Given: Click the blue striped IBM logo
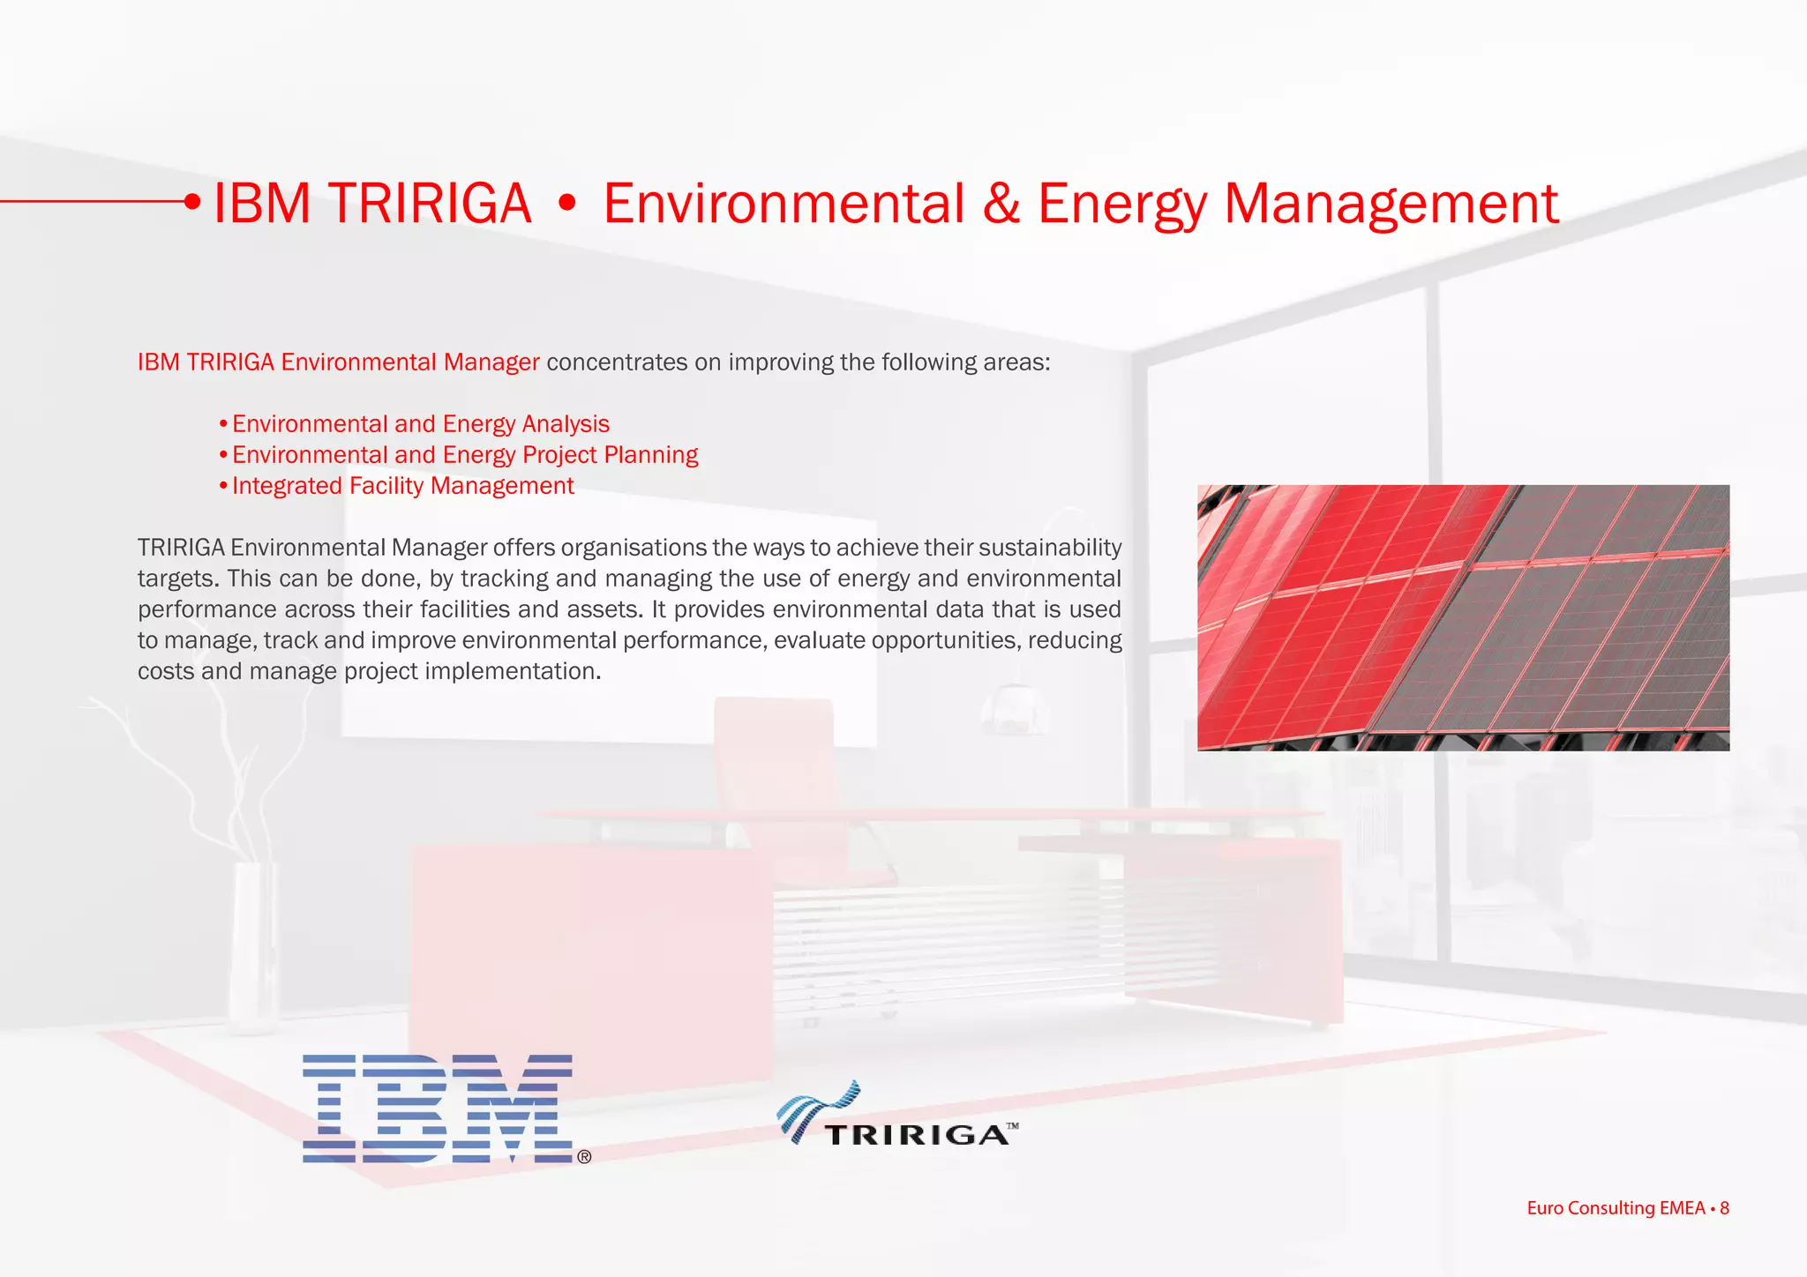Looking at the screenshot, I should [x=437, y=1108].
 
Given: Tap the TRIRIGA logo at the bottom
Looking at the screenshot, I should [x=897, y=1115].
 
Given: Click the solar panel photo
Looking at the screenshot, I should [x=1463, y=617].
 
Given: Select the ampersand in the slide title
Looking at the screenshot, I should [x=1001, y=204].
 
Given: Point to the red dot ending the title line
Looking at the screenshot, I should [x=192, y=202].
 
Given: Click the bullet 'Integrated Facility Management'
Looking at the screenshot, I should [x=402, y=486].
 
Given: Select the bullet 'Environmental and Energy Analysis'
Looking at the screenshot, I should [x=420, y=424].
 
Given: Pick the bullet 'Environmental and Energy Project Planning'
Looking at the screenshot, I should [x=464, y=455].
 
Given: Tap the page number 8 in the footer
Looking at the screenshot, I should [x=1724, y=1207].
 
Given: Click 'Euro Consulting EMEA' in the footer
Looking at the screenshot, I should [x=1616, y=1207].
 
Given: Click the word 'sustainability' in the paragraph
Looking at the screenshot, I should [x=1049, y=548].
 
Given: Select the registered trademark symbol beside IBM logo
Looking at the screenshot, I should [x=584, y=1156].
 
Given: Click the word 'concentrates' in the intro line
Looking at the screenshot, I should [x=617, y=362].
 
